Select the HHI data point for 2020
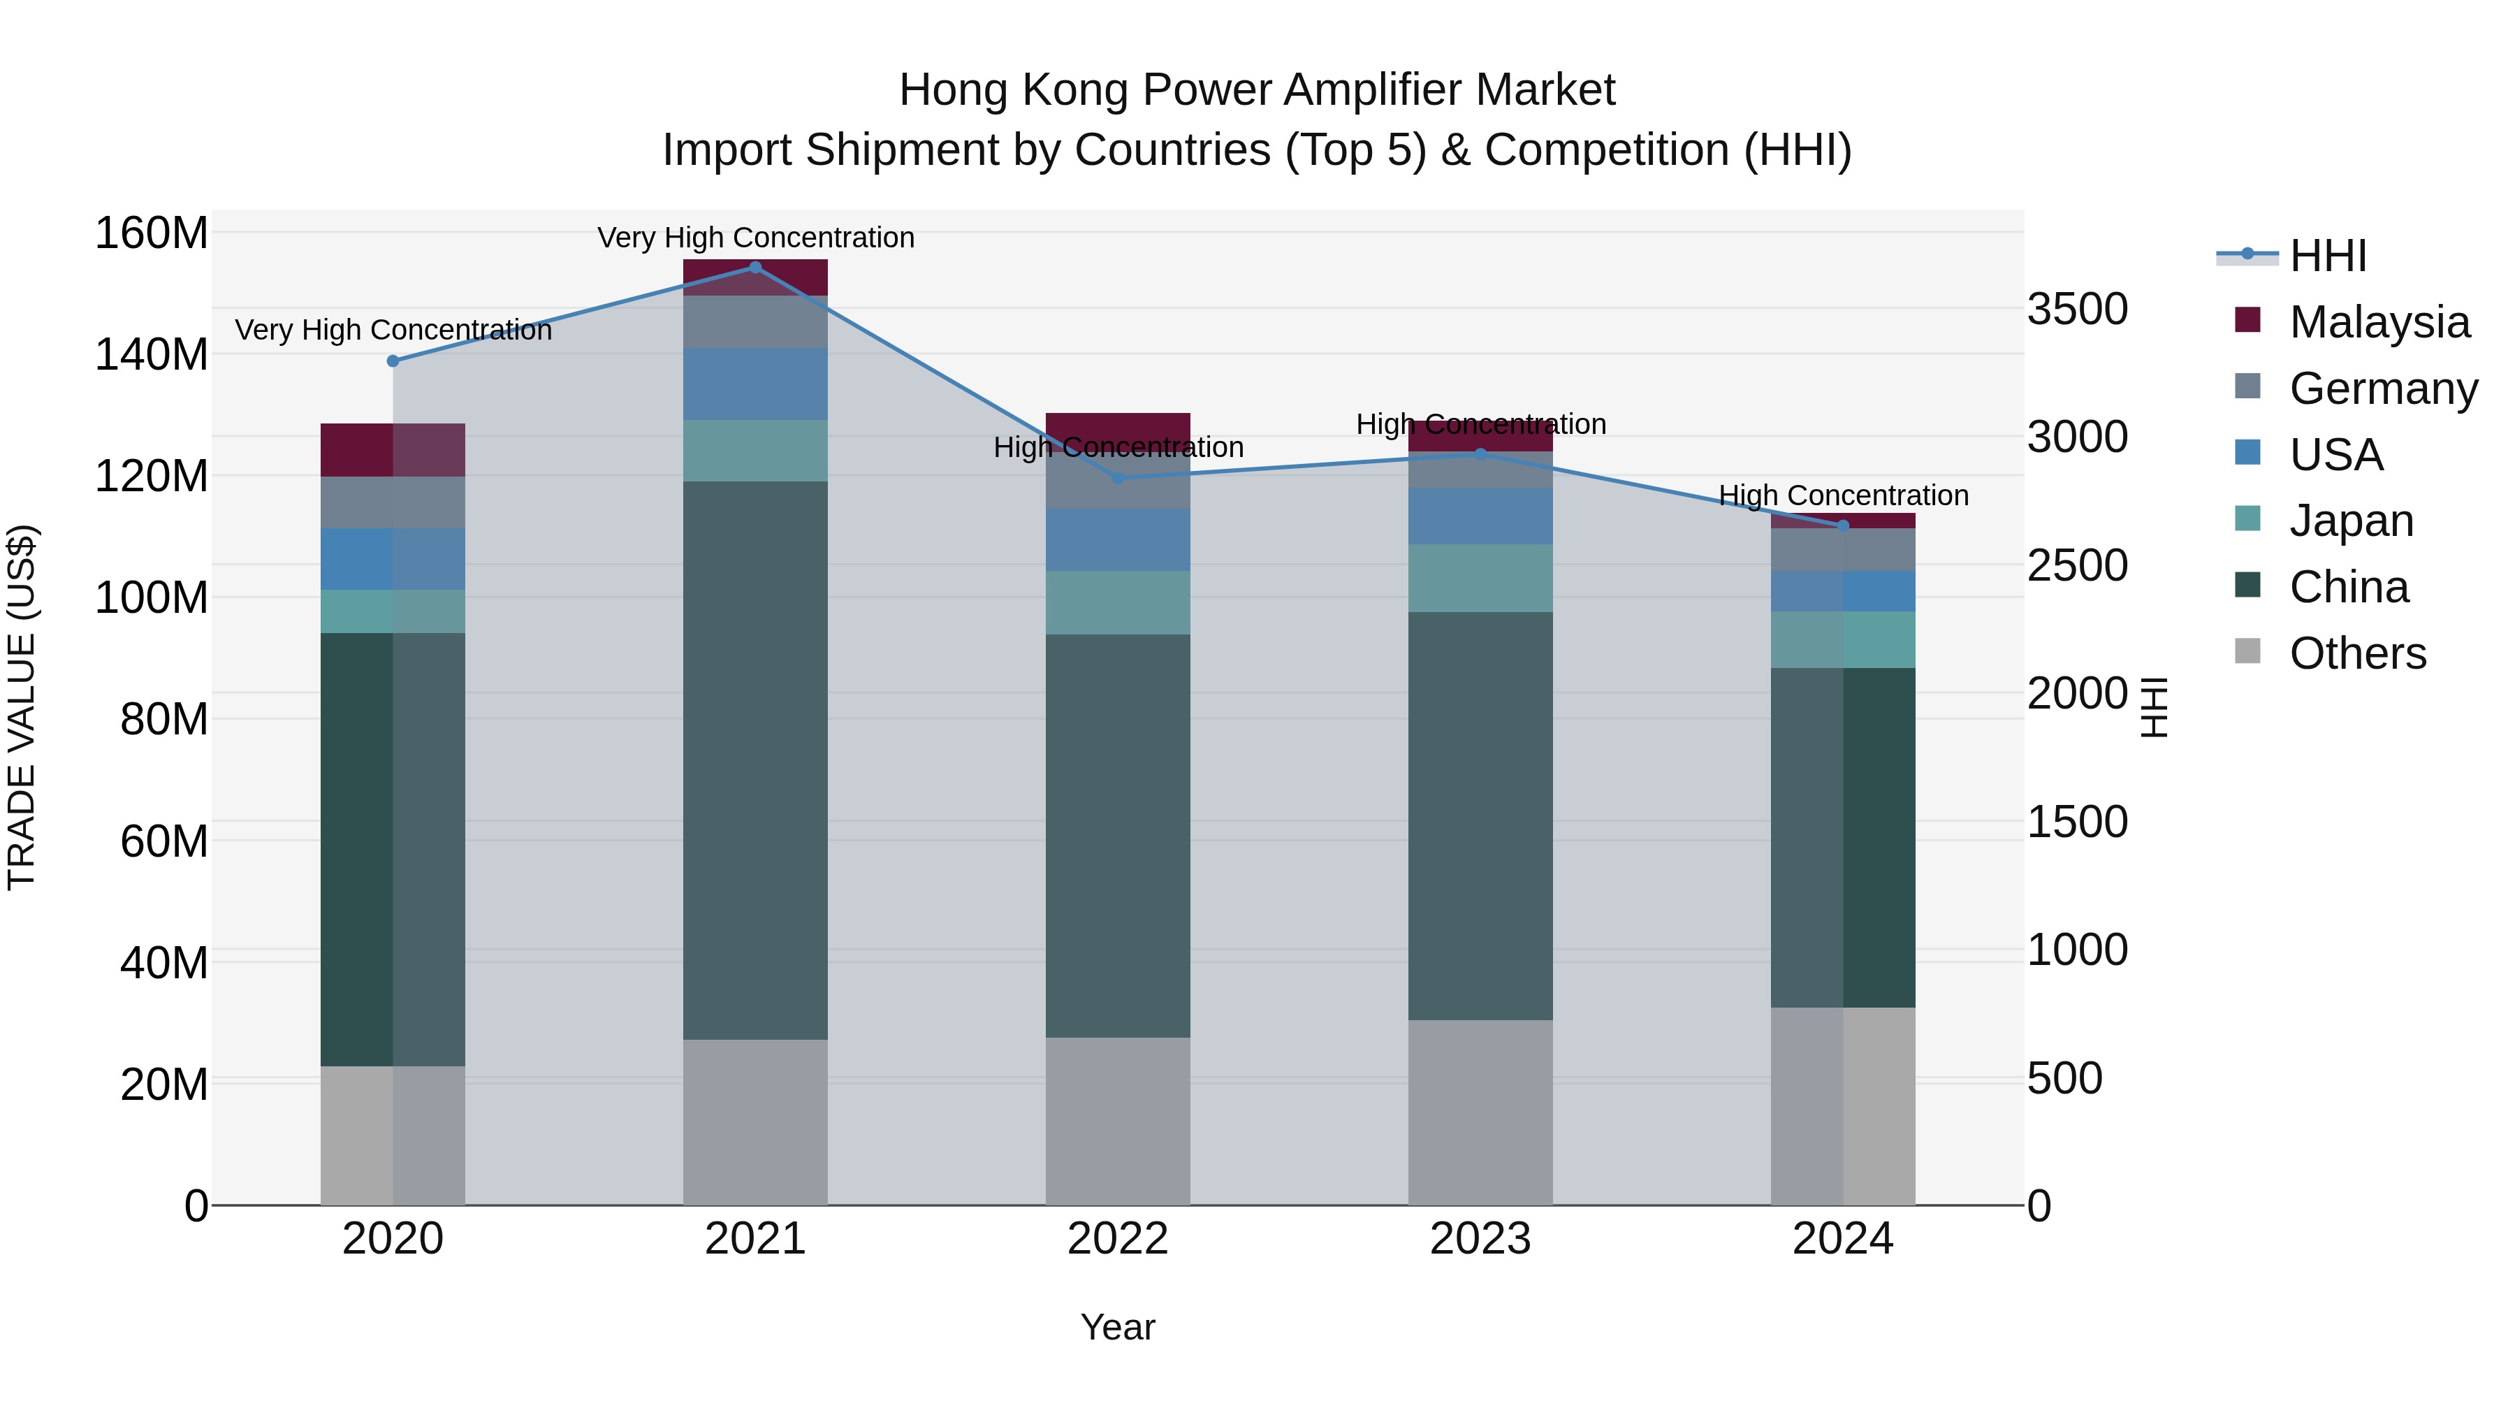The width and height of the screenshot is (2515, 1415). [x=393, y=361]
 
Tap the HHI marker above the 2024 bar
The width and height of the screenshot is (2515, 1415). [x=1844, y=525]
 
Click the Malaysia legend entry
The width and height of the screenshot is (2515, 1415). [x=2379, y=322]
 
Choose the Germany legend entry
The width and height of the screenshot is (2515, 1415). [x=2383, y=389]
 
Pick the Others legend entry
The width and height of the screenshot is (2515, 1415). [x=2357, y=653]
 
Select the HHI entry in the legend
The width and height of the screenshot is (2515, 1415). [x=2328, y=256]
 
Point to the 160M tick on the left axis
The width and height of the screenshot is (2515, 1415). [x=152, y=234]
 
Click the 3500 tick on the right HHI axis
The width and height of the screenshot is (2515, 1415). [x=2078, y=310]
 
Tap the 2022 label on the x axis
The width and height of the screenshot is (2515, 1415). [x=1118, y=1239]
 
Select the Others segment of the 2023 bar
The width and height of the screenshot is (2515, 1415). [x=1480, y=1112]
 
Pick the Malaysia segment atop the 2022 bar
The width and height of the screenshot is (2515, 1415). [x=1118, y=430]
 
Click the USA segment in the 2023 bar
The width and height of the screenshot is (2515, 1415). [x=1480, y=516]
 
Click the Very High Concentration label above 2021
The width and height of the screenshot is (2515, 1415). [x=756, y=238]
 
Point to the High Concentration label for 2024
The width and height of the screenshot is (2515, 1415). [x=1844, y=496]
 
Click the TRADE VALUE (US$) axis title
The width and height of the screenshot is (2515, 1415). [x=22, y=707]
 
